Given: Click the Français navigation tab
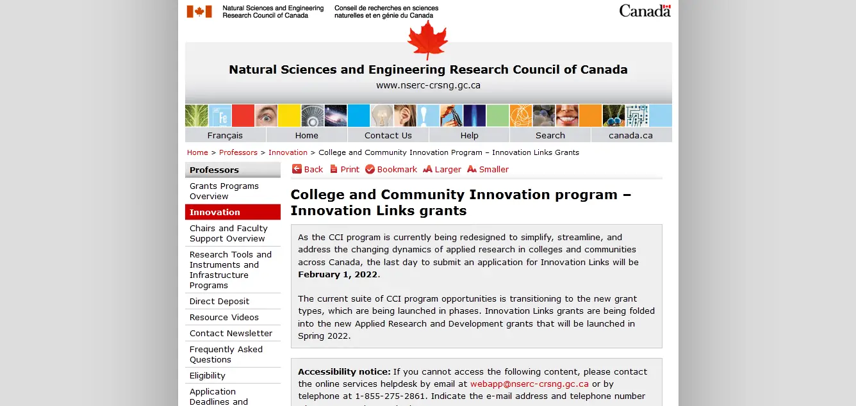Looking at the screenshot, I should (x=225, y=135).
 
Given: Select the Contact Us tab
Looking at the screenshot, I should (x=388, y=135).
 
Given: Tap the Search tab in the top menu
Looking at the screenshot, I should (x=550, y=135).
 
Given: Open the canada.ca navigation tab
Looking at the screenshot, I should (x=630, y=135).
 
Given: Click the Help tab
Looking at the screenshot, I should (x=469, y=135).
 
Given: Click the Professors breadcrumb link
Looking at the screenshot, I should (x=238, y=152).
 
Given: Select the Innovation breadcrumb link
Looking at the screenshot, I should (x=288, y=152).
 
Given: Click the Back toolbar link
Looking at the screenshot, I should (x=308, y=169).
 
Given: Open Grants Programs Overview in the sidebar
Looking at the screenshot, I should (x=224, y=191).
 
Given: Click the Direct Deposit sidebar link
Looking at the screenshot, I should (x=219, y=301).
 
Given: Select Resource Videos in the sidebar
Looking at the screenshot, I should (x=224, y=317).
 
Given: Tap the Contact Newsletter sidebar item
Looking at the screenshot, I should (x=231, y=333).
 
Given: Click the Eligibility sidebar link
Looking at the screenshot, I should (x=207, y=375).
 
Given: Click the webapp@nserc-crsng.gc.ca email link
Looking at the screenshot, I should (x=529, y=384).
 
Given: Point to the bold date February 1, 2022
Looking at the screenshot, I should (x=338, y=275).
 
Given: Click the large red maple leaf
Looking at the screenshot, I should (x=427, y=38).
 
